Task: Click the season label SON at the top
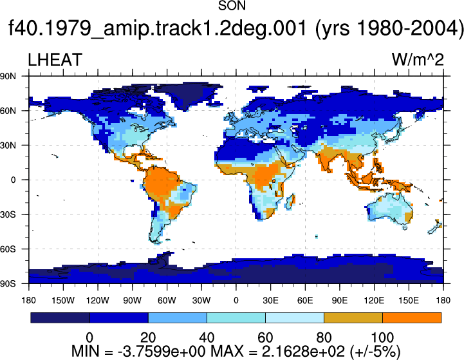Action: click(232, 6)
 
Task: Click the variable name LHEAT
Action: click(55, 60)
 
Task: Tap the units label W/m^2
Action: click(418, 60)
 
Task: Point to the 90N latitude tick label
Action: click(8, 77)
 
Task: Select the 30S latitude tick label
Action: click(8, 214)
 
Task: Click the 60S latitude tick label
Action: click(8, 249)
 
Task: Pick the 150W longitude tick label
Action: click(63, 301)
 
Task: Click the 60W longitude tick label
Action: click(167, 301)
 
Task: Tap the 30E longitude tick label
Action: click(270, 301)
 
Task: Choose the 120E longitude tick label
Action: click(374, 301)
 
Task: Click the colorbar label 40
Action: click(207, 337)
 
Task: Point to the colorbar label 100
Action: click(382, 337)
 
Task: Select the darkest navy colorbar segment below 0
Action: click(60, 317)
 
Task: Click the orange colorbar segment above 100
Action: click(412, 317)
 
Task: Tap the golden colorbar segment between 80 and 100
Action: click(353, 317)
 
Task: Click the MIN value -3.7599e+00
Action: click(162, 352)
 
